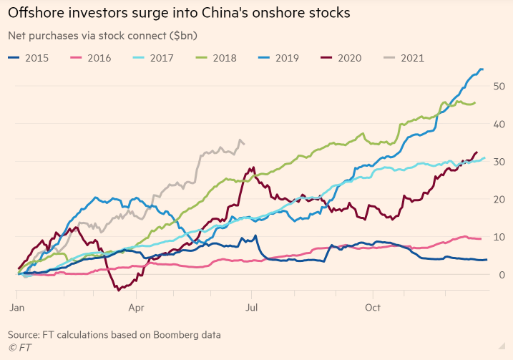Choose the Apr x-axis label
137,308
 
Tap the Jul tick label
253,308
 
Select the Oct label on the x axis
372,308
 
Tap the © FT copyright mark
19,348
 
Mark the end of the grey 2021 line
245,144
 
